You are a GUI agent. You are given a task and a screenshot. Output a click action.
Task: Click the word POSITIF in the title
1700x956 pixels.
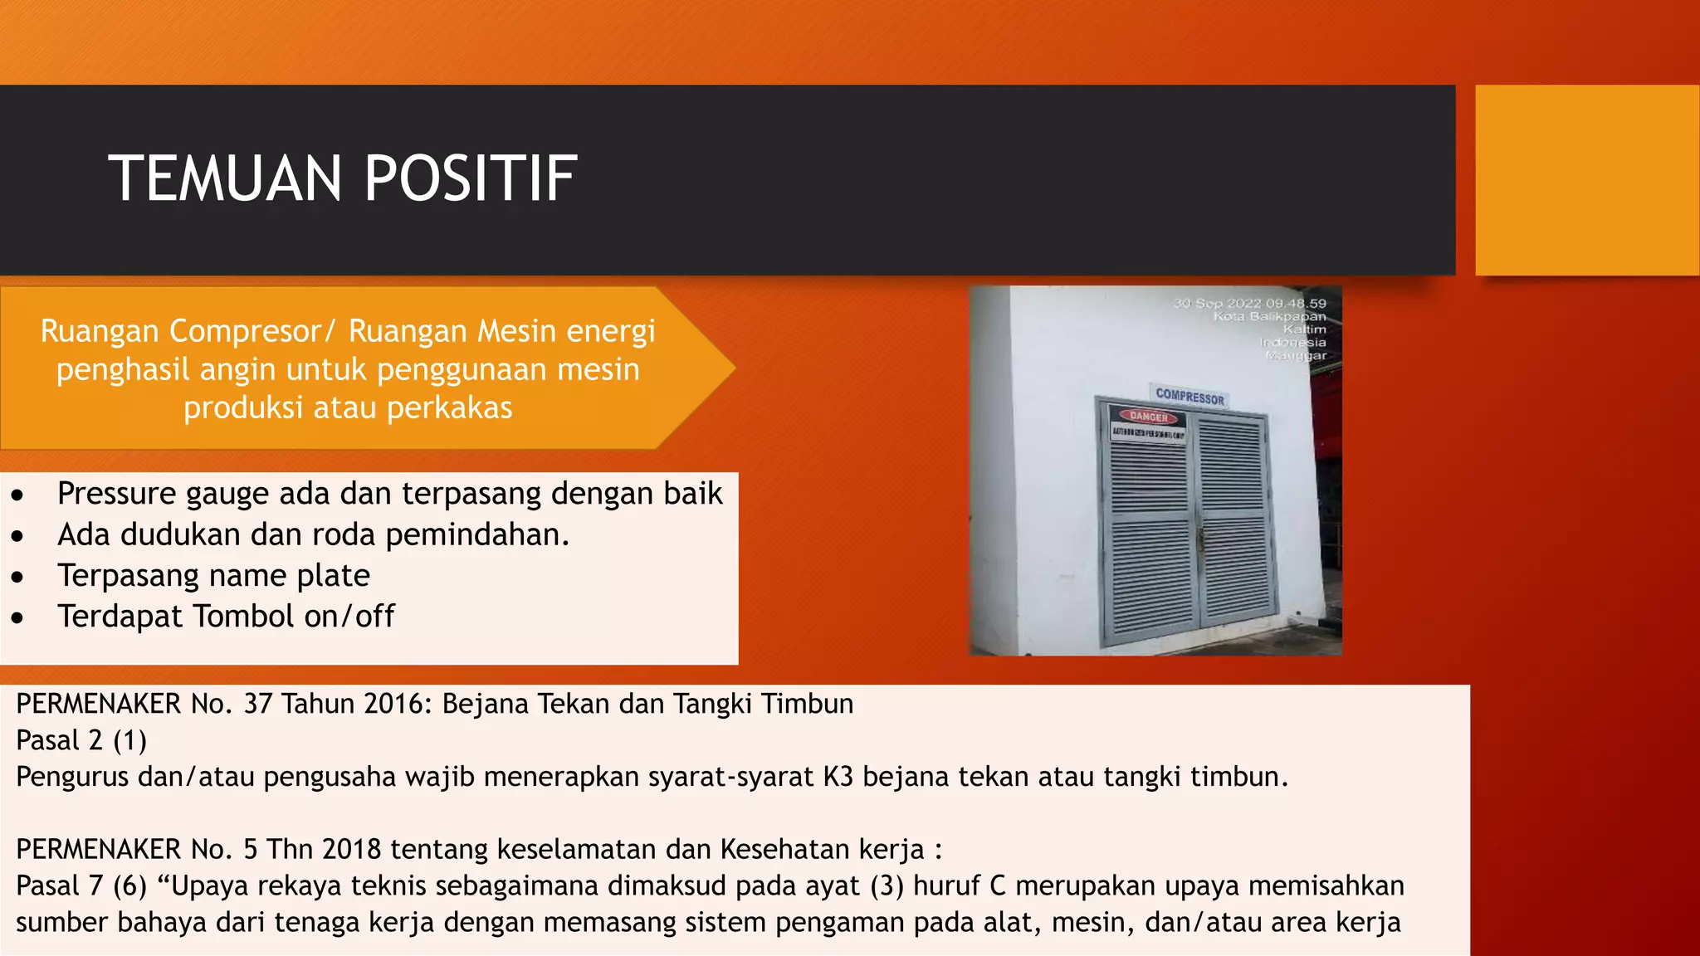(x=470, y=178)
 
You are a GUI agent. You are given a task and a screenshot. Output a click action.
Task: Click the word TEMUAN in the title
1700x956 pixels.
(x=225, y=178)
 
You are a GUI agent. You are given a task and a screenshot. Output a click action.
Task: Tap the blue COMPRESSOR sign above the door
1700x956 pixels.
(x=1190, y=398)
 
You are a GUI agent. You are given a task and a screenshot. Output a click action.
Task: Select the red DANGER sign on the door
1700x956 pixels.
(x=1149, y=417)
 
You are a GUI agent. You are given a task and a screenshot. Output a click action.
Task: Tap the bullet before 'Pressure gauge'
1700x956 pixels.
(x=18, y=496)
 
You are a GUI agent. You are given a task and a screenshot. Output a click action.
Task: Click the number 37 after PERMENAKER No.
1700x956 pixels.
(x=258, y=704)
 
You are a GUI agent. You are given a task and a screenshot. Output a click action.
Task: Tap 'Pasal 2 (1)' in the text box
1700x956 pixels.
(x=81, y=740)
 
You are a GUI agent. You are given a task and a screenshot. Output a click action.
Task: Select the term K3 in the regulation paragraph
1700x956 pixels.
(x=838, y=777)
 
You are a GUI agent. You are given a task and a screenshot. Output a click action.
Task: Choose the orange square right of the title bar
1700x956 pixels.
(x=1586, y=179)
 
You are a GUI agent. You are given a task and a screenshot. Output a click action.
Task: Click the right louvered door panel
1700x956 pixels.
(x=1234, y=523)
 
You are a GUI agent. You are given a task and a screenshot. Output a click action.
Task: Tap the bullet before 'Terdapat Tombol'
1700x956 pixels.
(x=18, y=618)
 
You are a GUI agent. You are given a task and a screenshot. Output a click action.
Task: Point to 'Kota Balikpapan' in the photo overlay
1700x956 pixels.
(x=1269, y=317)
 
